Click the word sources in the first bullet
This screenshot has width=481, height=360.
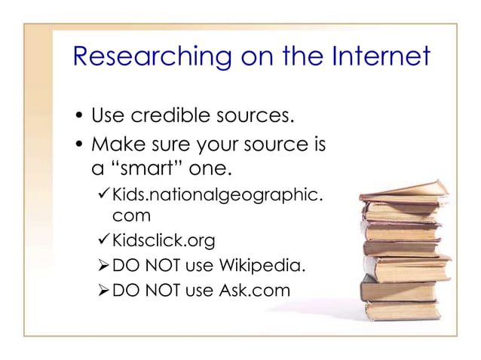253,117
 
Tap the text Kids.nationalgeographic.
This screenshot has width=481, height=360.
219,197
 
